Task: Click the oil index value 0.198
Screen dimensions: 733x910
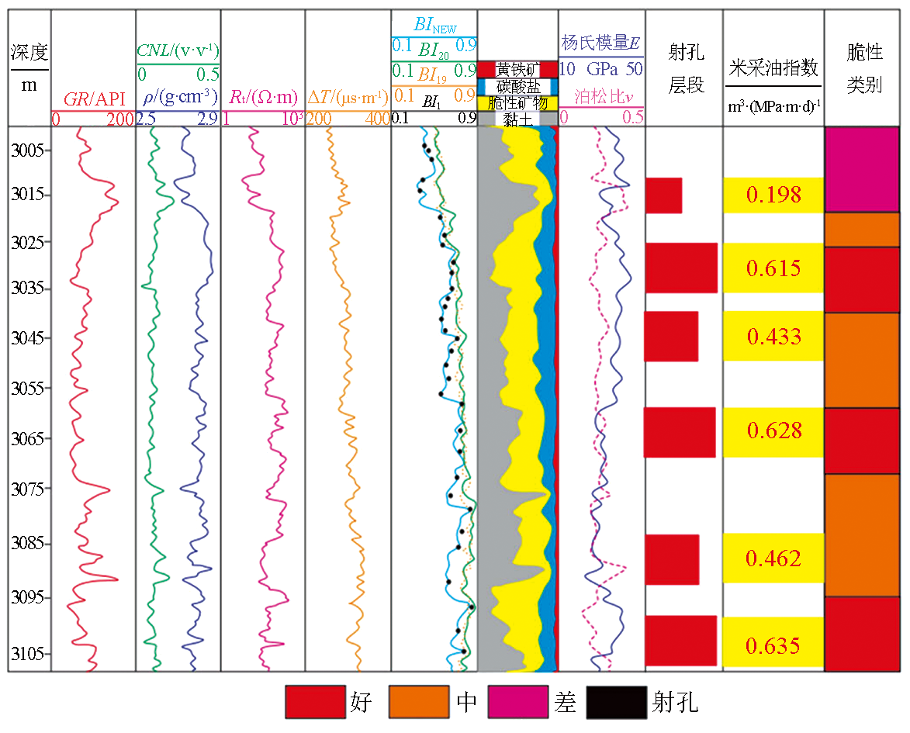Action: (x=773, y=195)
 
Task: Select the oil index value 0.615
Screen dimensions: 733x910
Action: (x=773, y=268)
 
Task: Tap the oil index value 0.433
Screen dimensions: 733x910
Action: (x=773, y=337)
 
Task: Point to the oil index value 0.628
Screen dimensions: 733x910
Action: (x=773, y=431)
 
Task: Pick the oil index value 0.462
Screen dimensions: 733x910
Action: (x=773, y=558)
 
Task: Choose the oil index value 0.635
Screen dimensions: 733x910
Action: (x=773, y=645)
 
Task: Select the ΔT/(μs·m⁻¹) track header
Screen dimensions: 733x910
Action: (x=348, y=98)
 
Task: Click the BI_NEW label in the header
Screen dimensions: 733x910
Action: (x=434, y=25)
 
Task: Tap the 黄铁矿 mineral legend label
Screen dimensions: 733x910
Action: (x=517, y=68)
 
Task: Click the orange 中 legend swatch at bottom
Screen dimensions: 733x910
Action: (x=420, y=703)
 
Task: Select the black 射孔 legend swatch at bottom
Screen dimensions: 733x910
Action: (x=616, y=703)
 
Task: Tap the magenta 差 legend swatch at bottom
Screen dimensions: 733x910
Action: (x=517, y=703)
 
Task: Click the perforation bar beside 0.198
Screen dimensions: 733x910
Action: (x=663, y=195)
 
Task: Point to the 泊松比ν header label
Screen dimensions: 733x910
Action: (x=601, y=97)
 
